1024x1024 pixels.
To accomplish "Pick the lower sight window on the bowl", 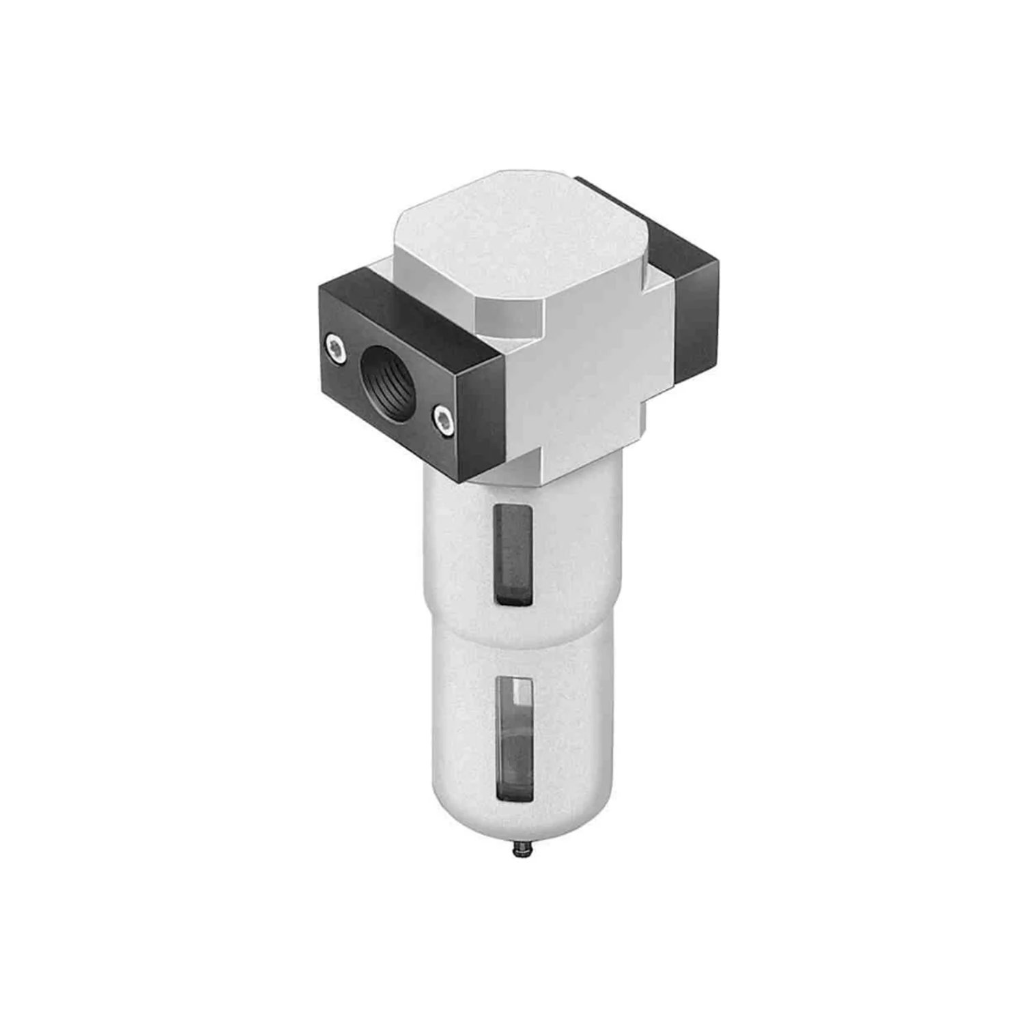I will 515,737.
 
